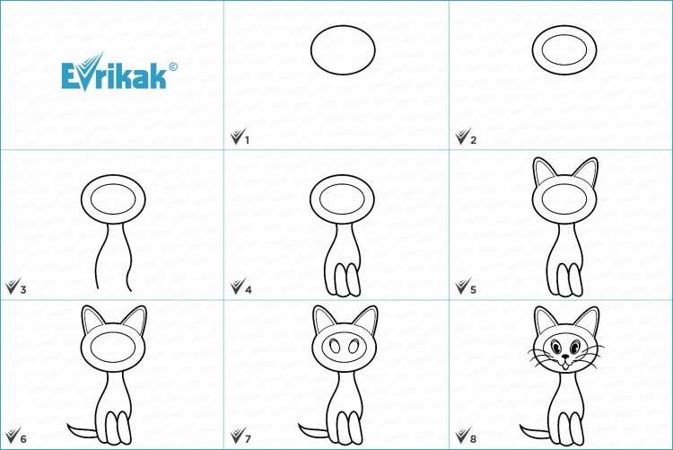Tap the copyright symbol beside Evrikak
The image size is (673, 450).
173,66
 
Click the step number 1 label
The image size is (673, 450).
247,140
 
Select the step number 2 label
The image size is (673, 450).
473,140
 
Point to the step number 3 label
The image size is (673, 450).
23,290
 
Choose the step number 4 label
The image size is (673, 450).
248,290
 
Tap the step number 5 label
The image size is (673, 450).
473,290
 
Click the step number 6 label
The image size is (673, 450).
23,439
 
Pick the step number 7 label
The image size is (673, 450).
248,439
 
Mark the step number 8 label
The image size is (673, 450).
473,439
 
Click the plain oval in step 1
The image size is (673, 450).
343,26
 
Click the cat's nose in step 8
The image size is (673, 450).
565,357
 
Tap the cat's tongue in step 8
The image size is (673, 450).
565,366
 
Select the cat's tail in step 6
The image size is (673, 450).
82,430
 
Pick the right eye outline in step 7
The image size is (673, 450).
355,347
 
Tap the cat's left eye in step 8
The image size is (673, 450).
555,347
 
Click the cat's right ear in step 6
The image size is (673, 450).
135,319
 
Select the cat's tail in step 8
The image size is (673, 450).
535,430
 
